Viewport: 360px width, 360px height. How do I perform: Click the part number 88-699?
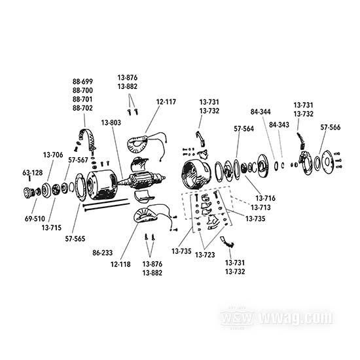click(82, 82)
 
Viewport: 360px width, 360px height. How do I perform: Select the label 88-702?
click(82, 107)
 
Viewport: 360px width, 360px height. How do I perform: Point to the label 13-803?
click(111, 122)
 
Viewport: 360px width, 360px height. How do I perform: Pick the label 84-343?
click(279, 124)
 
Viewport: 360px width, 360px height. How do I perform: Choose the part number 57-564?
click(244, 129)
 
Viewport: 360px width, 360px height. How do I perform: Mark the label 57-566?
click(331, 129)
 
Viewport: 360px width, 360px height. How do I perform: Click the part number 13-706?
click(53, 154)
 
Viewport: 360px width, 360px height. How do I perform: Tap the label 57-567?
click(78, 159)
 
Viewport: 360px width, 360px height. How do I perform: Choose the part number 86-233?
click(102, 251)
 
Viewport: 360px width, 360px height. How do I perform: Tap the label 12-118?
click(121, 264)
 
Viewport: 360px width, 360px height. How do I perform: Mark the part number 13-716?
click(266, 197)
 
